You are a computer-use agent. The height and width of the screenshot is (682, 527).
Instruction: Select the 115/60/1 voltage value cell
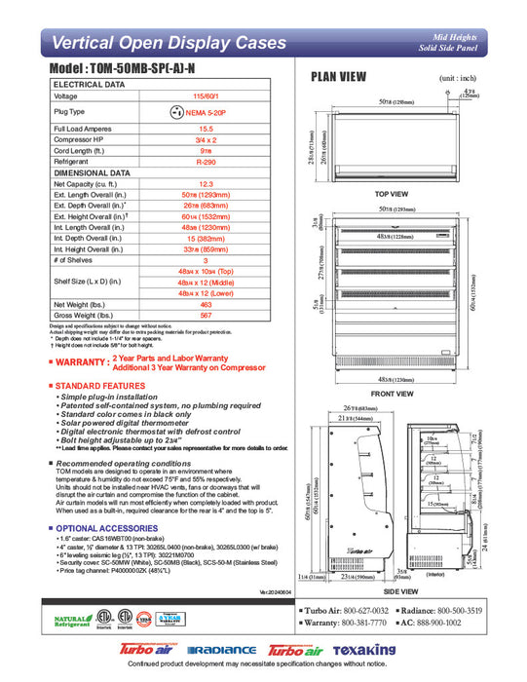click(x=206, y=96)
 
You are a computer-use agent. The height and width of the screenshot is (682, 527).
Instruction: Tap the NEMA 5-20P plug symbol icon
click(x=177, y=112)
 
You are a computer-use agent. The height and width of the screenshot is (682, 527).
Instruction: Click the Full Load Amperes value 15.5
click(x=206, y=129)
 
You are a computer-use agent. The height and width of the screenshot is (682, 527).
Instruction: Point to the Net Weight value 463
click(x=206, y=304)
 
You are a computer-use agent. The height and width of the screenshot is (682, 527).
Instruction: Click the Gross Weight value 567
click(x=206, y=315)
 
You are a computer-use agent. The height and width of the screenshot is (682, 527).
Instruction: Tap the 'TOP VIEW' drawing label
click(x=391, y=194)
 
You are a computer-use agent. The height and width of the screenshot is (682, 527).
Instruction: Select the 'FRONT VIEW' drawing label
click(x=391, y=394)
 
